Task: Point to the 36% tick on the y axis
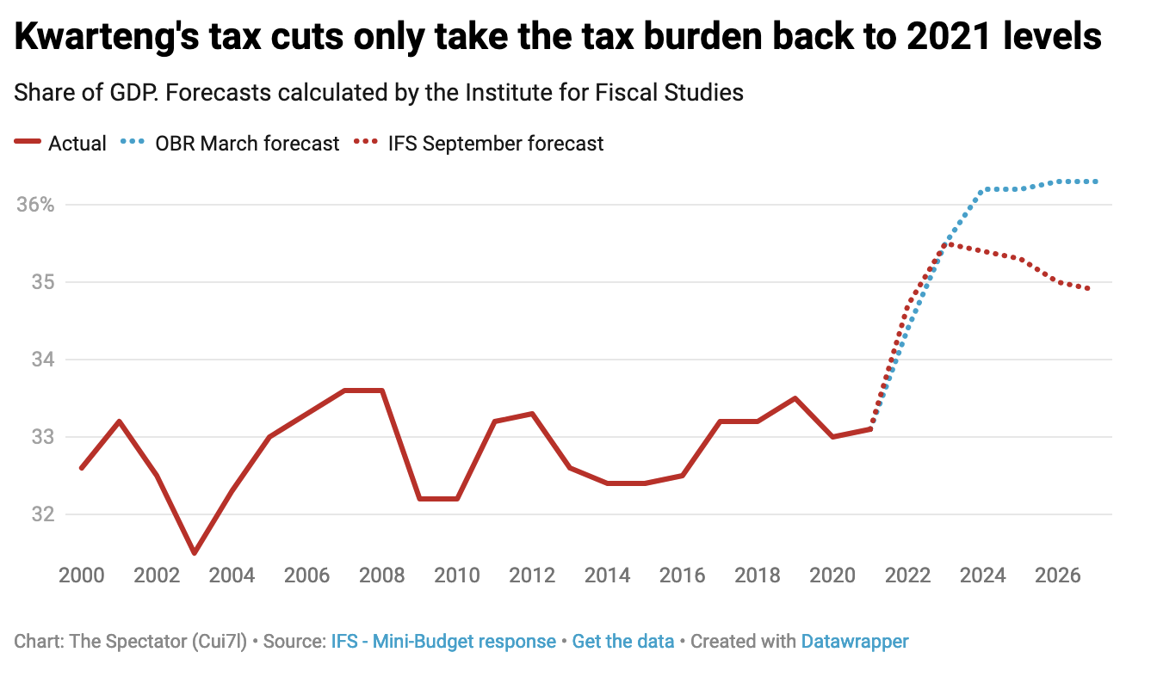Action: pos(35,205)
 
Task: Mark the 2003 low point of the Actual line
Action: pos(195,552)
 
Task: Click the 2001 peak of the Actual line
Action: pos(119,421)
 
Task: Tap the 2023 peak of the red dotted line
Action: pos(947,243)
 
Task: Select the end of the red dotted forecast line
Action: pos(1088,289)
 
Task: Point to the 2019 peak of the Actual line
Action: pos(795,398)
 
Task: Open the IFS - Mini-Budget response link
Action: pos(443,642)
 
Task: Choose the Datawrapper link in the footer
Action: pos(855,642)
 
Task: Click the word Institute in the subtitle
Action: pos(510,93)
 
